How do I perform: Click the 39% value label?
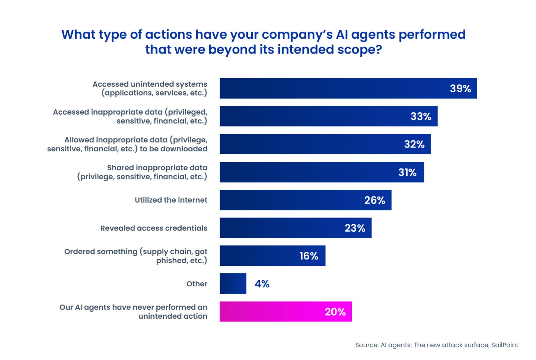tap(460, 89)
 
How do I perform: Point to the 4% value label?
tap(262, 284)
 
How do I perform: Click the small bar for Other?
tap(233, 284)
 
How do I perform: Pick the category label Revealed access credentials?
tap(154, 228)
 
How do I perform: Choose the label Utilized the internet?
tap(171, 200)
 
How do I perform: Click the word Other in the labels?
tap(197, 284)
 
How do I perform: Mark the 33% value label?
tap(421, 116)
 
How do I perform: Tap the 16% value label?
tap(309, 256)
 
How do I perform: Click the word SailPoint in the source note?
tap(505, 345)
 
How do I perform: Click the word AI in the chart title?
tap(342, 35)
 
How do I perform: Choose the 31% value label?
tap(407, 172)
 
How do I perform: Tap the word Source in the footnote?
tap(367, 345)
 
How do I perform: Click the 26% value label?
tap(374, 200)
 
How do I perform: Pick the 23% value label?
tap(355, 228)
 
